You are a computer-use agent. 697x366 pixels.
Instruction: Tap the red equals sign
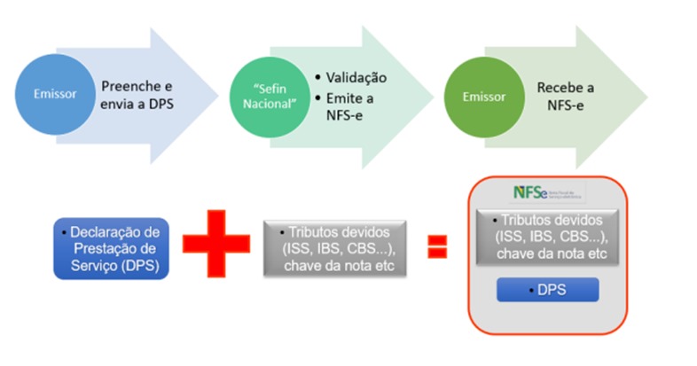(436, 245)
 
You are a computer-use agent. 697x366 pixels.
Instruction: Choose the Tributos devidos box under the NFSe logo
(546, 236)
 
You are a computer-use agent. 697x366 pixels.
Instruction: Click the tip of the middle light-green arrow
(432, 95)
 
